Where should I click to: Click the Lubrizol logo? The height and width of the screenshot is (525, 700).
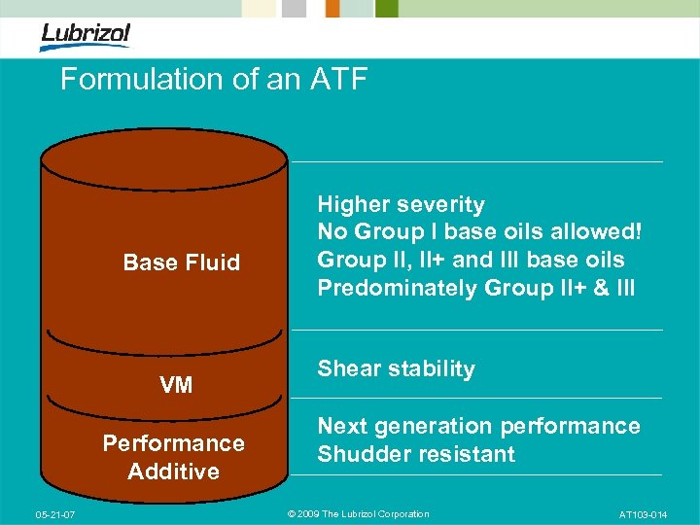(x=86, y=36)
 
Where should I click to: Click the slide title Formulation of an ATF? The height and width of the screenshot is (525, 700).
(x=214, y=79)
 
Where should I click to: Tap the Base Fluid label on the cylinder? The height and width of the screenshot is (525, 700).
(x=181, y=262)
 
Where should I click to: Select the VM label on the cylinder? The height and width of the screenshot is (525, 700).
(x=176, y=385)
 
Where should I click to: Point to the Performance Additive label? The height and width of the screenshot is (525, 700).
(x=174, y=457)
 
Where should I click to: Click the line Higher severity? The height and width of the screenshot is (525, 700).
(x=401, y=204)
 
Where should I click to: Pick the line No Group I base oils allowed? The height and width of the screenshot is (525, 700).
(x=479, y=232)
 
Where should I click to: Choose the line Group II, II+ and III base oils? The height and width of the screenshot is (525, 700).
(x=471, y=260)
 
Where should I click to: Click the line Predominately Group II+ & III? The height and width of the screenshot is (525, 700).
(x=475, y=288)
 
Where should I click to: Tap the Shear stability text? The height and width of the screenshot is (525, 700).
(x=396, y=368)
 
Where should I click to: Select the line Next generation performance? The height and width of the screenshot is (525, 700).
(x=478, y=426)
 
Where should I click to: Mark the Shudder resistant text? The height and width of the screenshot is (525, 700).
(x=416, y=454)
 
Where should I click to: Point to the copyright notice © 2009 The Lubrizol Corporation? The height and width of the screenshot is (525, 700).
(x=359, y=514)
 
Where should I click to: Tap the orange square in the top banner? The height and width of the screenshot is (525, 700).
(x=332, y=9)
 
